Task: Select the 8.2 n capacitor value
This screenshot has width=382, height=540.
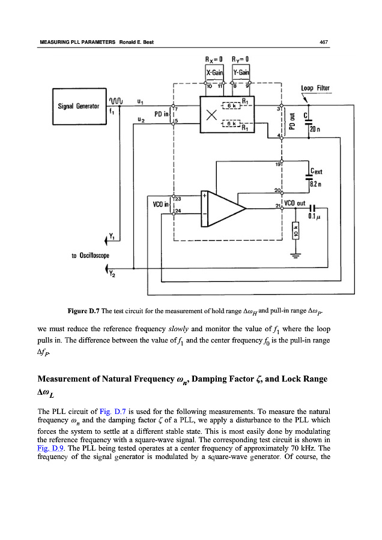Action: (x=317, y=184)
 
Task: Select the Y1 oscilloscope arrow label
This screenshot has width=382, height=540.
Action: (x=111, y=239)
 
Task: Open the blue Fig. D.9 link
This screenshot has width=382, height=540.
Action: (x=49, y=448)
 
